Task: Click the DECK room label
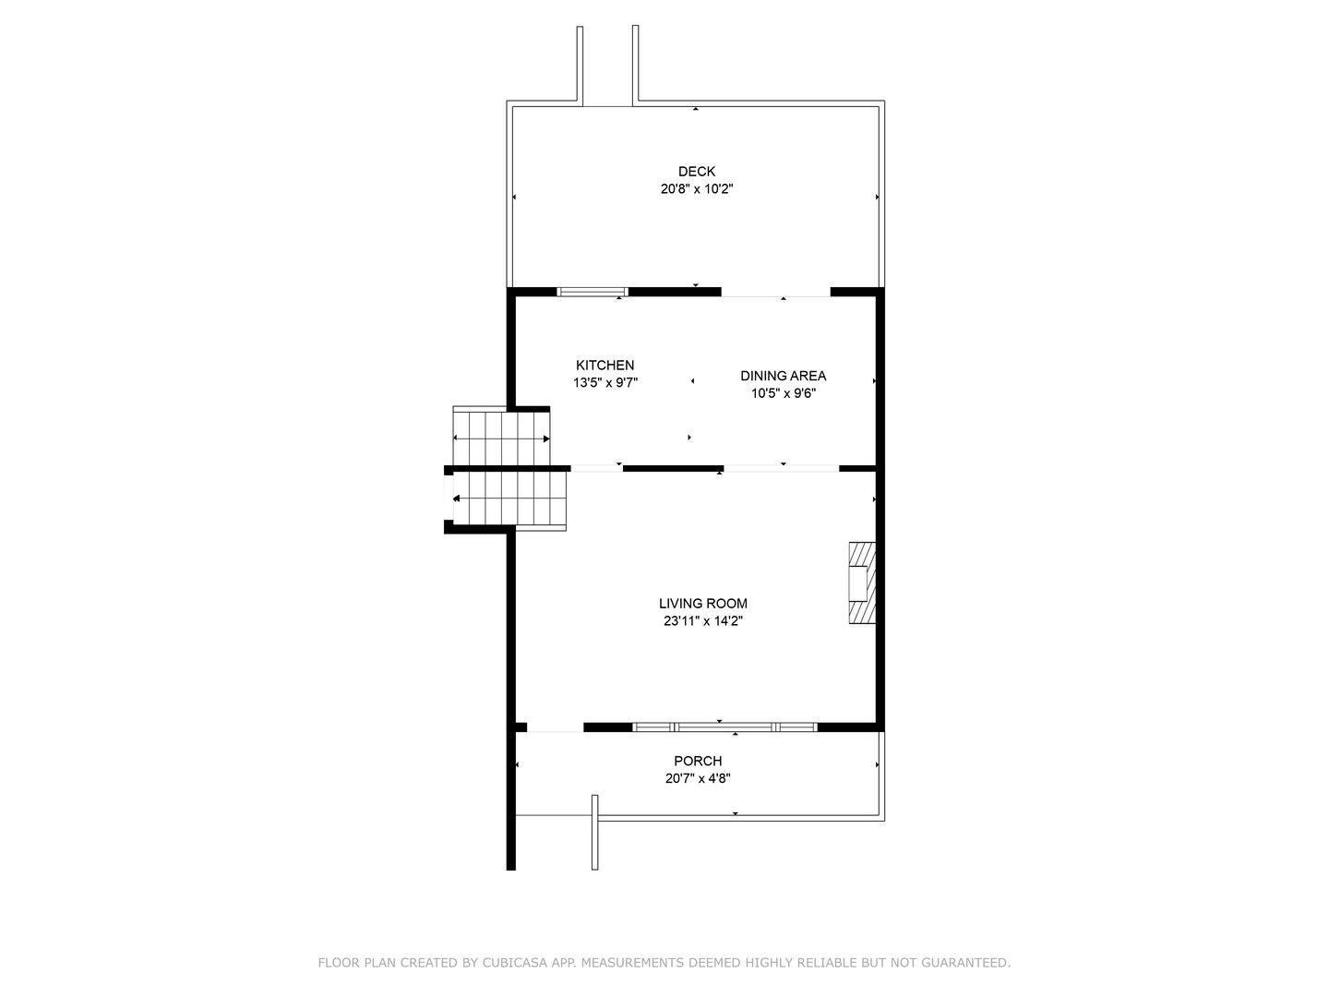(696, 172)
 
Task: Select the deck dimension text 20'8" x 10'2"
(696, 189)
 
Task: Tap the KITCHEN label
(605, 365)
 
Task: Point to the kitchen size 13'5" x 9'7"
(605, 382)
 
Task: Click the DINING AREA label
(783, 376)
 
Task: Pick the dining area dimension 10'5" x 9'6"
(784, 393)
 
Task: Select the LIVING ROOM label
(703, 604)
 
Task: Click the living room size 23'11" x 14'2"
(703, 621)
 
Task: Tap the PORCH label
(698, 761)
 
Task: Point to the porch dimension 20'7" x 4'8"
(698, 778)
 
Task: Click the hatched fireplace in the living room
(862, 583)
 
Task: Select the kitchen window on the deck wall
(593, 292)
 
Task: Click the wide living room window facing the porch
(724, 727)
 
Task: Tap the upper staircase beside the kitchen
(501, 437)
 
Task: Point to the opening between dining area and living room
(781, 469)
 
